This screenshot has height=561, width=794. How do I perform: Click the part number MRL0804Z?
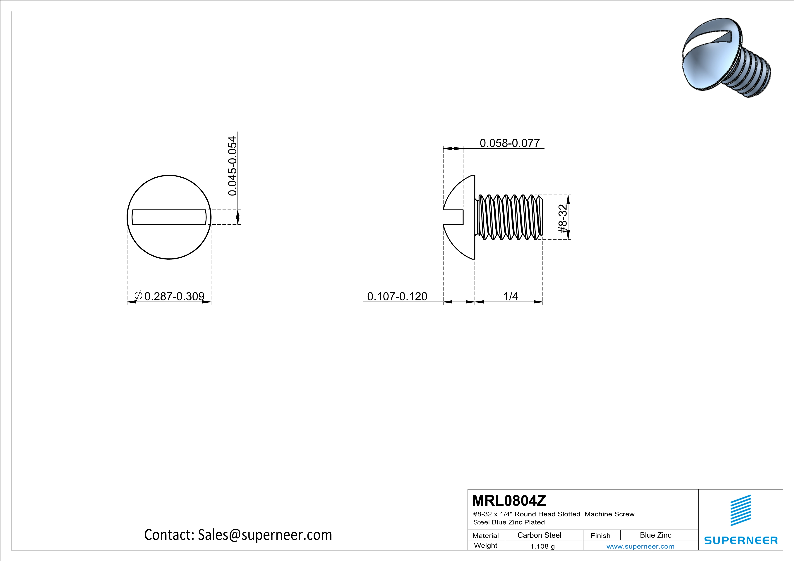coord(509,501)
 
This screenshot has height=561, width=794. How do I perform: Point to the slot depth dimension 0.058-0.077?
coord(509,143)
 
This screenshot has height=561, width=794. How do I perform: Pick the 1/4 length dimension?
coord(510,296)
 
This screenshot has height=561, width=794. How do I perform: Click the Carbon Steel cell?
coord(539,535)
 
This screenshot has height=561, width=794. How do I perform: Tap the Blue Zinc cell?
coord(655,535)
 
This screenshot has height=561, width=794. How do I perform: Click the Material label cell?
coord(486,535)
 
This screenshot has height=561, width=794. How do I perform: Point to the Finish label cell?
coord(600,535)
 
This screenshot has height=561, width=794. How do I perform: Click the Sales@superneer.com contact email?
coord(264,535)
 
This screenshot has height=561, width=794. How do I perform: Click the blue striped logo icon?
coord(740,510)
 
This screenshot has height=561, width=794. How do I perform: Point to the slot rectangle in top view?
coord(169,217)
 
